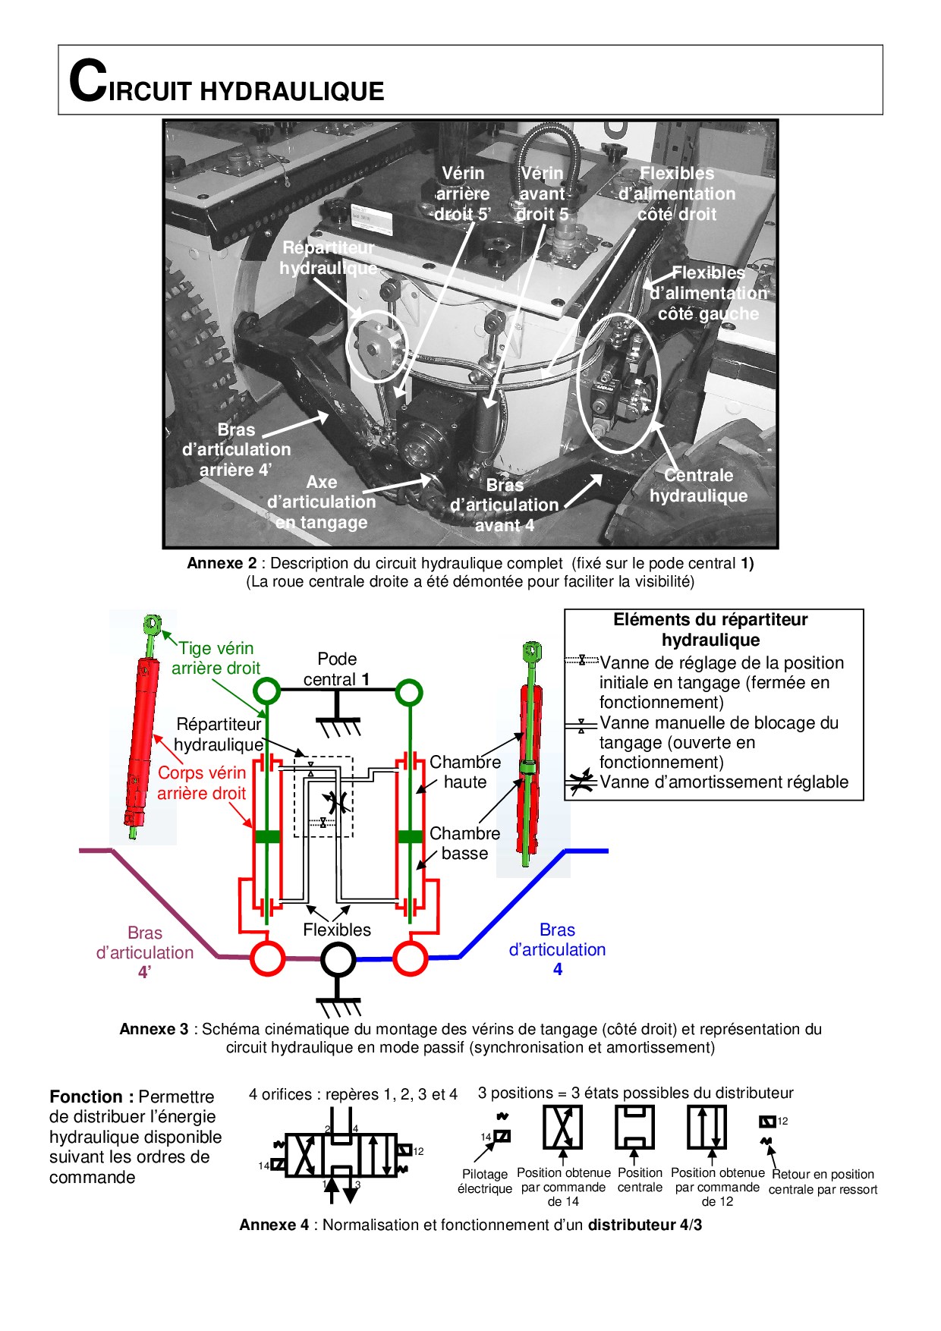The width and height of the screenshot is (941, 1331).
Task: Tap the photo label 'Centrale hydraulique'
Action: tap(698, 486)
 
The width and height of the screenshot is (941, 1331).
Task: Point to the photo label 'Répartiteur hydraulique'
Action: tap(328, 258)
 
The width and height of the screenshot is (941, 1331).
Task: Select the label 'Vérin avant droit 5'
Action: tap(542, 194)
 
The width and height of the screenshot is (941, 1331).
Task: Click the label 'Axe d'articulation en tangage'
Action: tap(321, 502)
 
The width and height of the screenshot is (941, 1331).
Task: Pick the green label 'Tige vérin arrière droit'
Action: tap(216, 658)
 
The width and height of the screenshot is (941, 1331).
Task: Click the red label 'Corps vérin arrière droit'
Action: tap(201, 783)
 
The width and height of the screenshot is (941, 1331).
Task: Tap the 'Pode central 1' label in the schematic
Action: tap(337, 669)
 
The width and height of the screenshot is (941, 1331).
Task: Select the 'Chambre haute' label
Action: tap(464, 772)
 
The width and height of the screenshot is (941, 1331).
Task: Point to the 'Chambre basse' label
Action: tap(464, 843)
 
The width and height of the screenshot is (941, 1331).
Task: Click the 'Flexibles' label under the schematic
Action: tap(337, 930)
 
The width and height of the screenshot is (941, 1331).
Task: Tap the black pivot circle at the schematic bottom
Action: tap(338, 960)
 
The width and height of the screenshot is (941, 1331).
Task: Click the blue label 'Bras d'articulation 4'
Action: tap(557, 949)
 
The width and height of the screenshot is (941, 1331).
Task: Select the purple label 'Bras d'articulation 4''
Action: tap(145, 952)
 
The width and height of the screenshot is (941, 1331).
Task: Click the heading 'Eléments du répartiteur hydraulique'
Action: tap(710, 630)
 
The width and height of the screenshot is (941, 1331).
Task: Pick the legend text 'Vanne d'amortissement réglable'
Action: tap(724, 782)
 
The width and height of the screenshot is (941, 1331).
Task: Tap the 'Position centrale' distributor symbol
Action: tap(634, 1127)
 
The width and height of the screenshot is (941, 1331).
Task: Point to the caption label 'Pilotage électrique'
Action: tap(485, 1181)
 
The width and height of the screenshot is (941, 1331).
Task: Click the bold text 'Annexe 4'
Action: tap(275, 1225)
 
